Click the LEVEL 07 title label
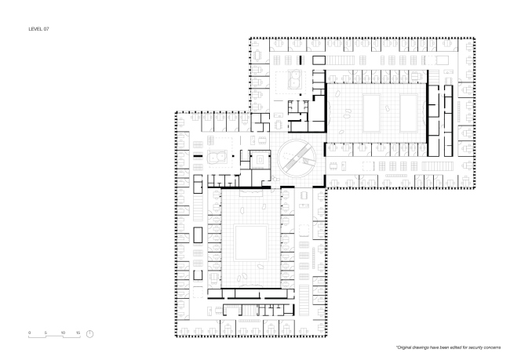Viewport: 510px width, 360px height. pyautogui.click(x=38, y=29)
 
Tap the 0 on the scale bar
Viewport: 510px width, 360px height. pyautogui.click(x=29, y=333)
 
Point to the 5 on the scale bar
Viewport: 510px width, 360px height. pyautogui.click(x=46, y=333)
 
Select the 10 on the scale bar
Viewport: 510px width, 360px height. pyautogui.click(x=63, y=333)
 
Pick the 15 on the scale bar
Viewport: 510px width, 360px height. pyautogui.click(x=78, y=333)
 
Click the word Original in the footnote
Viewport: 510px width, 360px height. pyautogui.click(x=404, y=347)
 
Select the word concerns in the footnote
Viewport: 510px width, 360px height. pyautogui.click(x=493, y=347)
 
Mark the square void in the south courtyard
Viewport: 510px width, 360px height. pyautogui.click(x=251, y=242)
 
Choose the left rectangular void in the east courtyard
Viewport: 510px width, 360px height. pyautogui.click(x=371, y=113)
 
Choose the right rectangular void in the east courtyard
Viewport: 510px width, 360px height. pyautogui.click(x=409, y=113)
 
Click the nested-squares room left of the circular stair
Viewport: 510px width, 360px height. pyautogui.click(x=260, y=160)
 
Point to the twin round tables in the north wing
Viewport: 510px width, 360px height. pyautogui.click(x=296, y=80)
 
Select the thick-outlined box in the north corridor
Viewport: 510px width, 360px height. pyautogui.click(x=319, y=60)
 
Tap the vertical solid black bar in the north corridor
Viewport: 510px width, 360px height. pyautogui.click(x=301, y=60)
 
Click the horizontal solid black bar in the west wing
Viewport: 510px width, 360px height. pyautogui.click(x=198, y=156)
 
